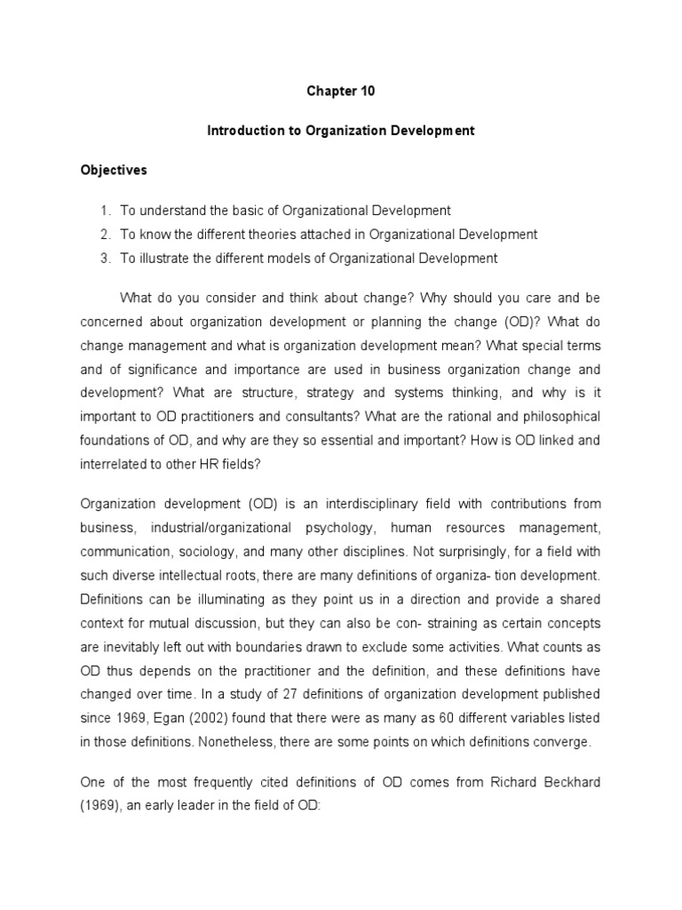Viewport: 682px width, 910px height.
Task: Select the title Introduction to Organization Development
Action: (341, 131)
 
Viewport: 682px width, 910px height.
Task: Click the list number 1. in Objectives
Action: (105, 211)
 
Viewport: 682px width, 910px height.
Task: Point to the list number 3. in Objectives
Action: (105, 259)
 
